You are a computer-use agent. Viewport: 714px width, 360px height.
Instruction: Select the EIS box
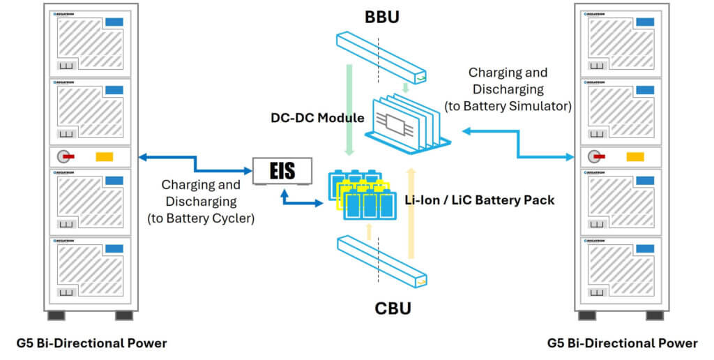282,170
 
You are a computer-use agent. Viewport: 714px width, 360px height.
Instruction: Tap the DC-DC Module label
317,119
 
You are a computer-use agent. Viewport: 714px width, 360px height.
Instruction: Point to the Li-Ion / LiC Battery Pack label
479,200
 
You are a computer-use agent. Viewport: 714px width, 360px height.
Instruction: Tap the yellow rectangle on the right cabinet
635,156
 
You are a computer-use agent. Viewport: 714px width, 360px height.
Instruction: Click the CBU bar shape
382,260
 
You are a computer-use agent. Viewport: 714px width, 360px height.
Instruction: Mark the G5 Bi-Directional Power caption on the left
91,343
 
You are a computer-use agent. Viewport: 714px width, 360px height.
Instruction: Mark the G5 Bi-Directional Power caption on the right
622,343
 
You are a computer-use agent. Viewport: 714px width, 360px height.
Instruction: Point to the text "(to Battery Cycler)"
201,218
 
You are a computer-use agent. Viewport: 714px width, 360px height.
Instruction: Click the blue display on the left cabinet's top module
114,23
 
